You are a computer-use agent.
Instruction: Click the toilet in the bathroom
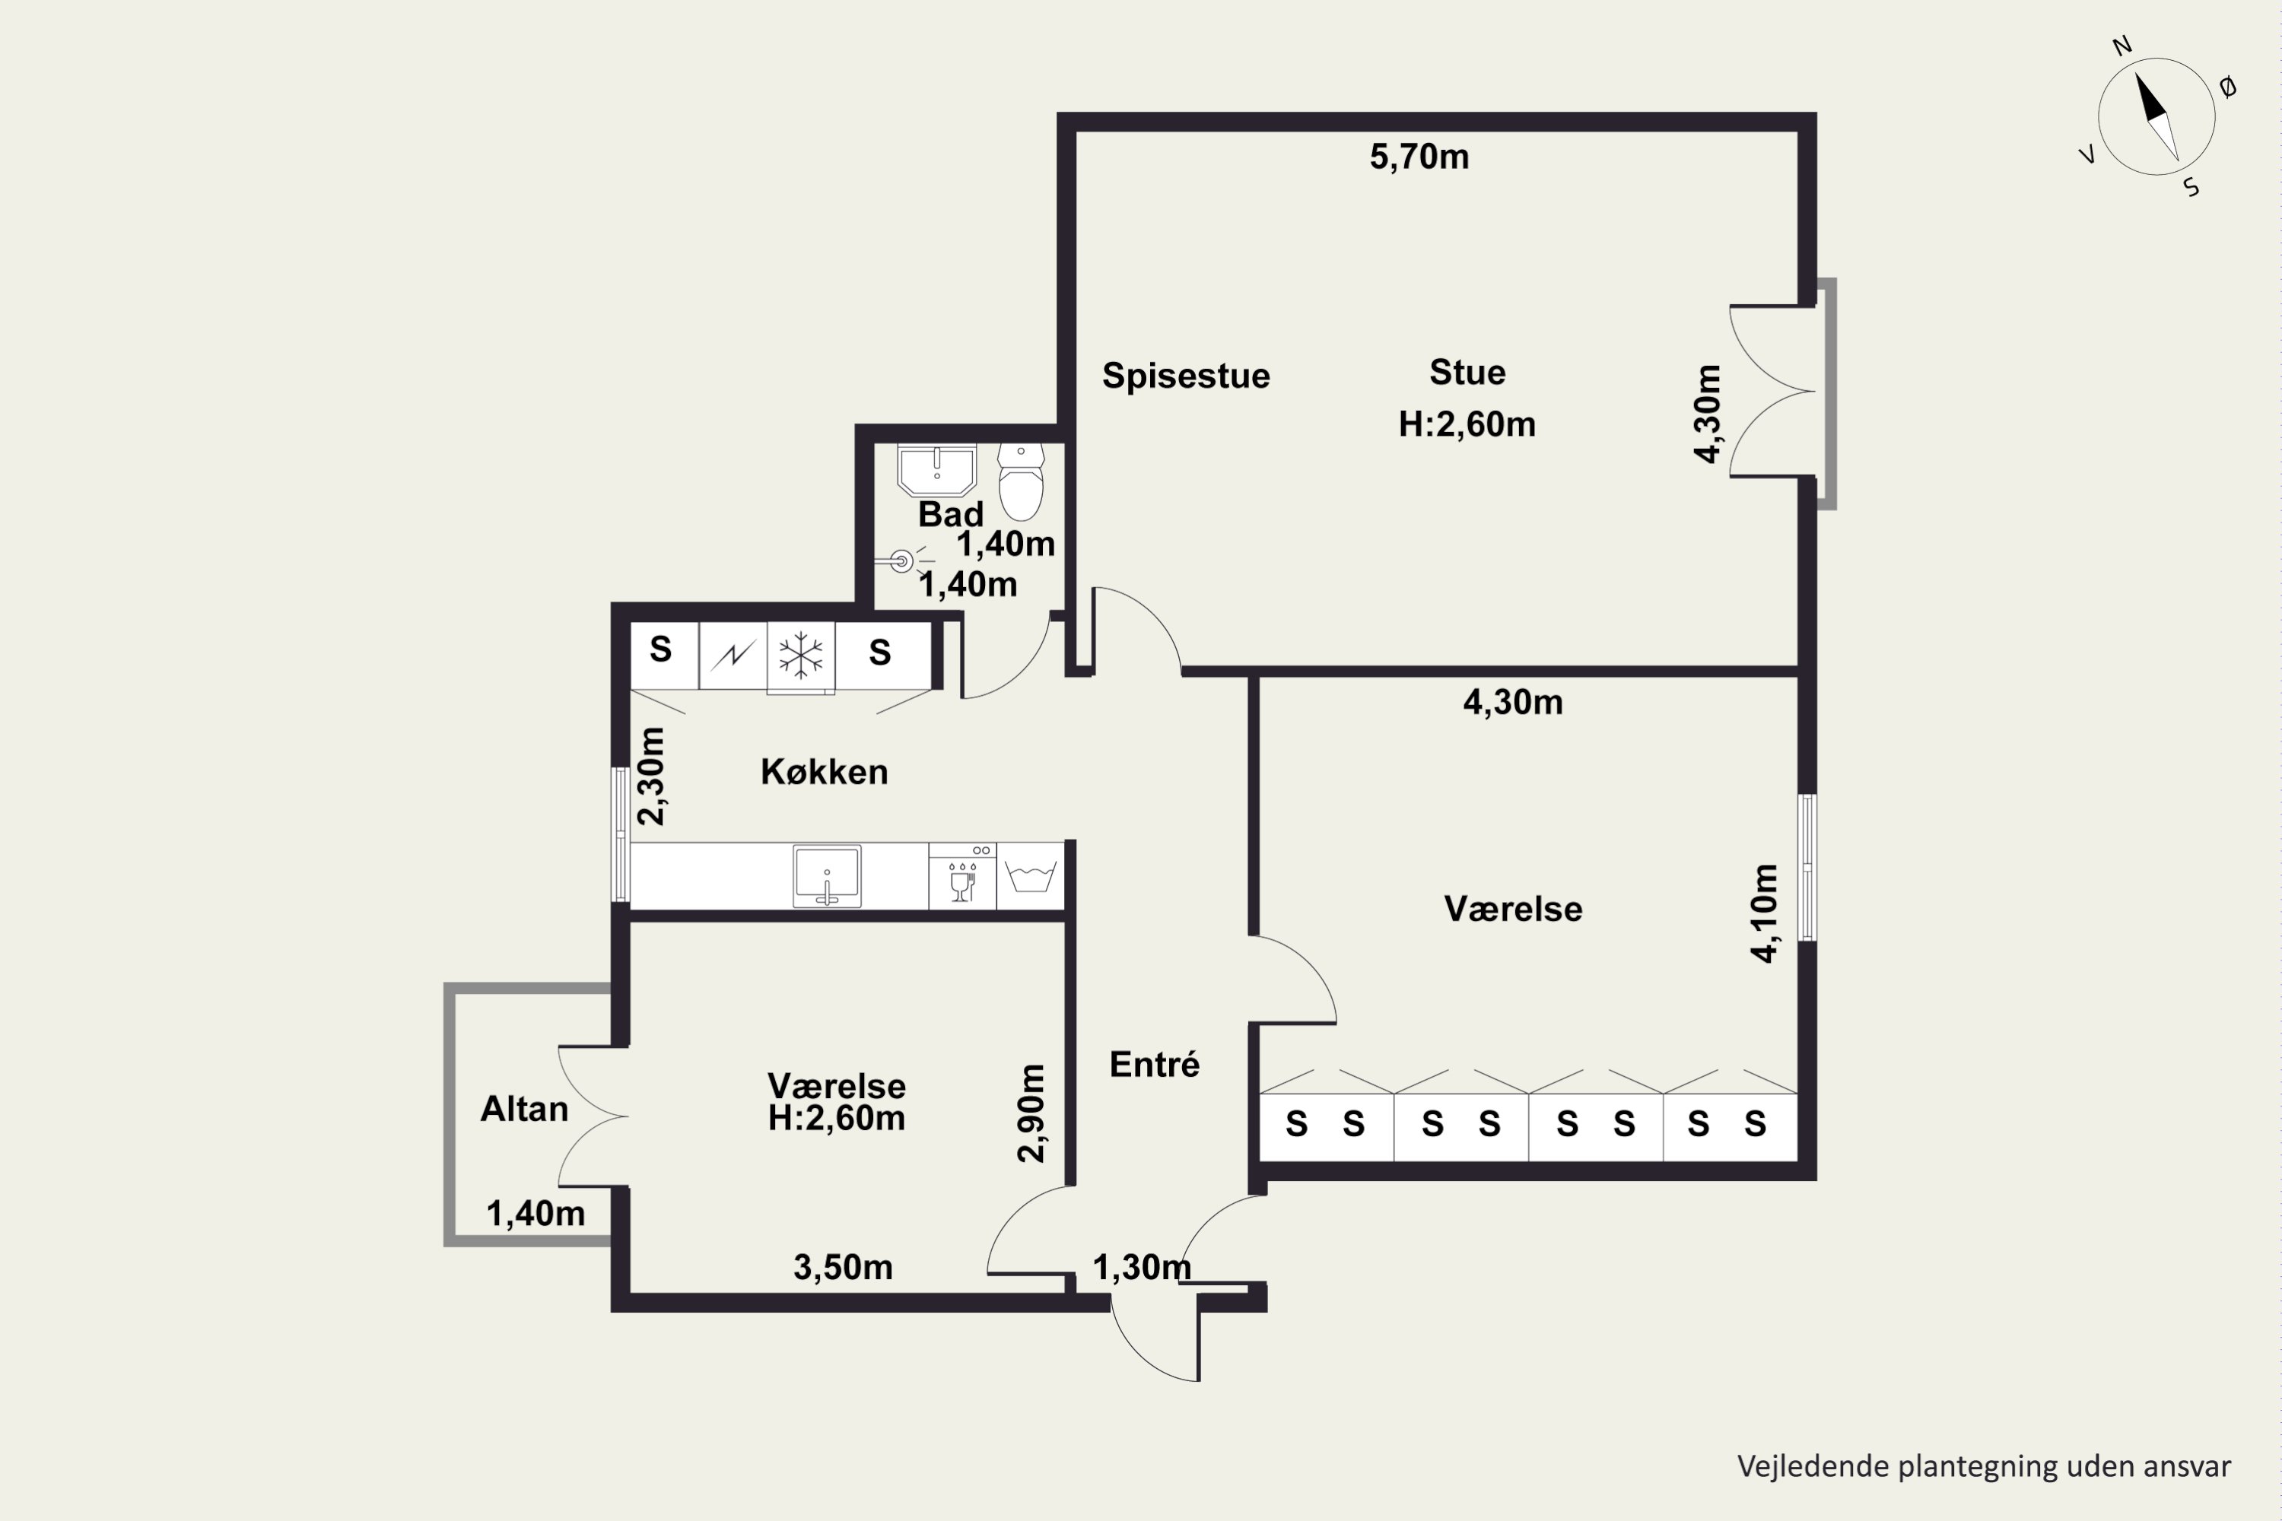[x=1021, y=482]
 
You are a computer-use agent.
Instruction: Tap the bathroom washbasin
[x=936, y=471]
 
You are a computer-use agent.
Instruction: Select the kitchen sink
[x=827, y=877]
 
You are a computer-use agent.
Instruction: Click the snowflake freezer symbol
[x=800, y=655]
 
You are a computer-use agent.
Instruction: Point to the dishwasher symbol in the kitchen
[x=962, y=876]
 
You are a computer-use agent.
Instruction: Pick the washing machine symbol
[x=1031, y=876]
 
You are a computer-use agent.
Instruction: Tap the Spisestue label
[x=1186, y=376]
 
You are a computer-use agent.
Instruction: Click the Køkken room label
[x=824, y=771]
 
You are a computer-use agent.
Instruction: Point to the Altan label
[x=524, y=1109]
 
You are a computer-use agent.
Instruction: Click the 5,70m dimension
[x=1419, y=157]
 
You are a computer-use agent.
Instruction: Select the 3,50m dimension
[x=843, y=1267]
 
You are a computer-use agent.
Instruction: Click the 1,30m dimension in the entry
[x=1142, y=1267]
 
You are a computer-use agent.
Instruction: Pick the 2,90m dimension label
[x=1031, y=1113]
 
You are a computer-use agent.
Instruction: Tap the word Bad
[x=951, y=514]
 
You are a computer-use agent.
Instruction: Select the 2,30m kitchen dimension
[x=651, y=776]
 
